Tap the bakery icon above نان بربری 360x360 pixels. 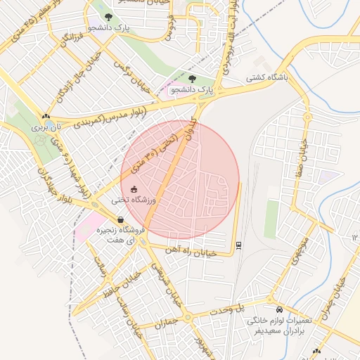tap(46, 116)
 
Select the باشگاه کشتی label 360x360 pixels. tap(266, 79)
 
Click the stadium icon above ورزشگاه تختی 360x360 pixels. tap(134, 189)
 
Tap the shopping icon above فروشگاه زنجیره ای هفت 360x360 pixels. tap(121, 220)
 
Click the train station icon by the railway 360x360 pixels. tap(238, 244)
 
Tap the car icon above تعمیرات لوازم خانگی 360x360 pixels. tap(280, 309)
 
